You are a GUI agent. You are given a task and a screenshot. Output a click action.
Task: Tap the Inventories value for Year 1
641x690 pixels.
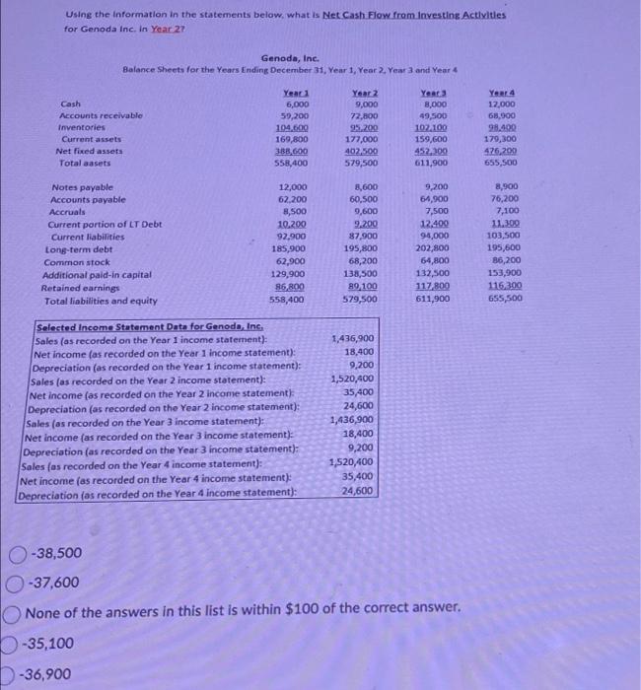point(293,127)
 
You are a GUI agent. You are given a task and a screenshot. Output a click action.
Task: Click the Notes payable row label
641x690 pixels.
point(82,187)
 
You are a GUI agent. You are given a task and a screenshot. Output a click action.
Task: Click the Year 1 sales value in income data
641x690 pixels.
point(354,338)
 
